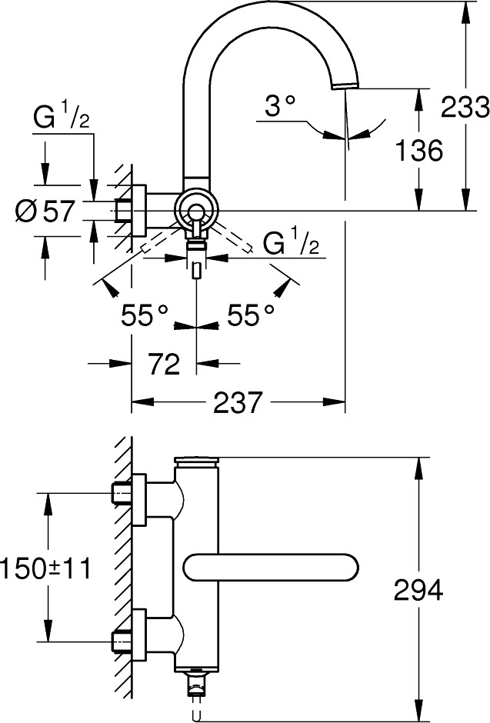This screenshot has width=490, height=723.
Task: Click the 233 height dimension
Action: pyautogui.click(x=465, y=107)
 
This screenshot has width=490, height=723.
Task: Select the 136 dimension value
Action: pyautogui.click(x=419, y=150)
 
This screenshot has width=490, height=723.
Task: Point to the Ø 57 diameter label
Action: pyautogui.click(x=45, y=212)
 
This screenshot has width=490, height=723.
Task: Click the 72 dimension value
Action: pyautogui.click(x=164, y=364)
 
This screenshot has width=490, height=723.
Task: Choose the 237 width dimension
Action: pyautogui.click(x=238, y=402)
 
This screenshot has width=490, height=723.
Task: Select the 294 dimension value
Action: pyautogui.click(x=418, y=590)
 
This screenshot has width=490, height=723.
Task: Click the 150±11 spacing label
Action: pyautogui.click(x=46, y=568)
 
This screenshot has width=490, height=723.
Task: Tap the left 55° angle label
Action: pyautogui.click(x=145, y=315)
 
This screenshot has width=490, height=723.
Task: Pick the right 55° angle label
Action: pyautogui.click(x=250, y=315)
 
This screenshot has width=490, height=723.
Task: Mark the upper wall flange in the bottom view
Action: pyautogui.click(x=138, y=499)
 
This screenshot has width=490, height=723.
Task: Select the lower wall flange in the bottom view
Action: pyautogui.click(x=138, y=635)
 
